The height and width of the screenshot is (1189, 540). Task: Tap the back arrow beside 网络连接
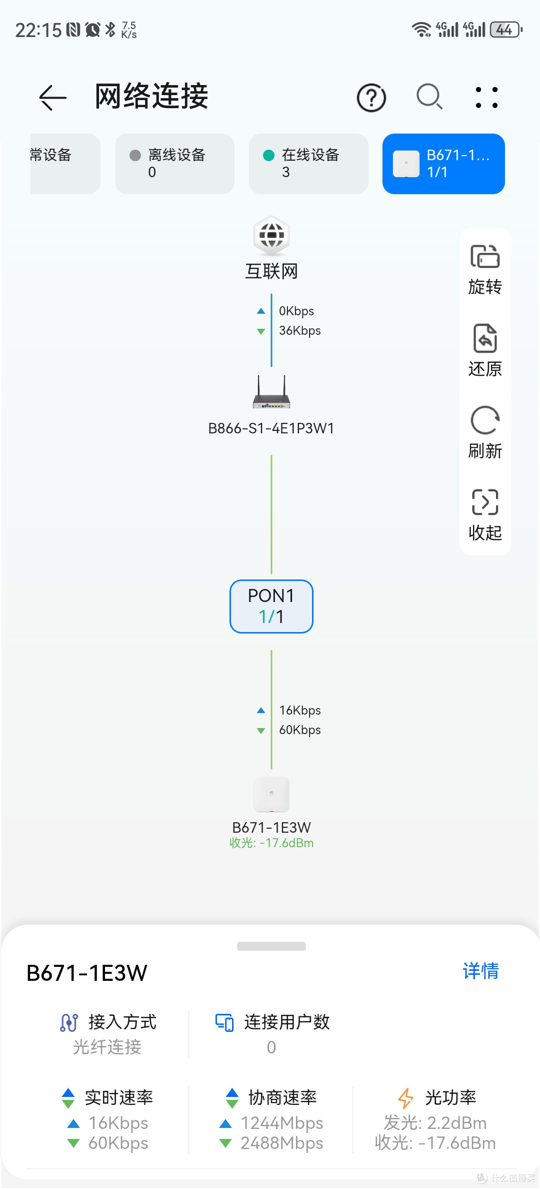click(x=53, y=97)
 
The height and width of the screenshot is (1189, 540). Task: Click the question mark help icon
click(x=371, y=98)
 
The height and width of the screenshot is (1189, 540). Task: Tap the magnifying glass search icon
click(x=429, y=97)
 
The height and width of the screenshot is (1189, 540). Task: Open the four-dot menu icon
click(x=486, y=98)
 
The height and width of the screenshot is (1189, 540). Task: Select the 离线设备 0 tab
click(x=174, y=164)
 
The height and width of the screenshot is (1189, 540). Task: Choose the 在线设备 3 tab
click(x=308, y=164)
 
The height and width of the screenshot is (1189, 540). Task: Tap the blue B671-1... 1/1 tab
click(x=443, y=164)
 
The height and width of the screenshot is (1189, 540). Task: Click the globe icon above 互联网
click(x=271, y=235)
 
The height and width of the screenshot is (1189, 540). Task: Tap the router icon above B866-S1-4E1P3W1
click(x=271, y=392)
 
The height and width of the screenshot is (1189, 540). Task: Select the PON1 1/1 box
click(x=271, y=607)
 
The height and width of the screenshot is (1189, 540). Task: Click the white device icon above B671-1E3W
click(x=271, y=794)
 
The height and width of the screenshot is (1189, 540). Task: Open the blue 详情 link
click(x=481, y=971)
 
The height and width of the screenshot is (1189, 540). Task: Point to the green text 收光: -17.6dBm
click(x=271, y=843)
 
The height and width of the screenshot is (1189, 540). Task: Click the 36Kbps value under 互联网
click(x=300, y=331)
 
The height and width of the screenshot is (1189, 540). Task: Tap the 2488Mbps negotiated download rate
click(x=282, y=1143)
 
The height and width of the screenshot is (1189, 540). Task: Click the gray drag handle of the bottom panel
click(x=271, y=946)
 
